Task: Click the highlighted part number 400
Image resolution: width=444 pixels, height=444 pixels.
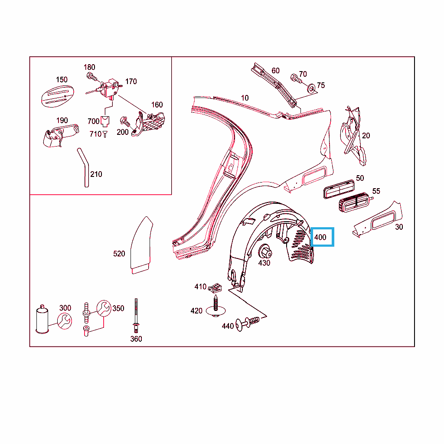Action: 320,237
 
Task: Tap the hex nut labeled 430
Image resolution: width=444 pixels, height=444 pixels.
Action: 265,251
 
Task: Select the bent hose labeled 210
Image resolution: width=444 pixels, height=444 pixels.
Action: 84,167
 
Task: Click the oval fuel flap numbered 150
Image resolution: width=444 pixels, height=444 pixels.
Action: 58,96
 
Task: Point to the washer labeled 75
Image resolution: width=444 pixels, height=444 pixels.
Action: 311,88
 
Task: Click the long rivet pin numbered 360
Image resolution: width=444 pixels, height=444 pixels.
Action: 136,316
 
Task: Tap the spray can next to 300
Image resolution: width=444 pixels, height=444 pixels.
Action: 42,319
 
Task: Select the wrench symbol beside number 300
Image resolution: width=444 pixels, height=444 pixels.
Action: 65,321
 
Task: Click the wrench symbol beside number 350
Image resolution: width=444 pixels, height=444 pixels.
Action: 104,308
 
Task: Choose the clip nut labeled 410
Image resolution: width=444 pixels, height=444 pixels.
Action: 215,288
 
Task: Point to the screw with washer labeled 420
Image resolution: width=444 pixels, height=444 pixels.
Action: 216,307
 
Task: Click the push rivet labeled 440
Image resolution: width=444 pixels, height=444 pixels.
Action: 248,323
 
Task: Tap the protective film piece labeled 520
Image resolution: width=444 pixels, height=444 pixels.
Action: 141,245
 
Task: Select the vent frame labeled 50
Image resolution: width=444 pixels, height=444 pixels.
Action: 339,189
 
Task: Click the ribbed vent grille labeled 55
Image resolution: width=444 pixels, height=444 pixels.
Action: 354,202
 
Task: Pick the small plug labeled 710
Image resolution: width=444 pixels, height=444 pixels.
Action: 105,134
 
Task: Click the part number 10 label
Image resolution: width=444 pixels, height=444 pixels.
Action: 245,98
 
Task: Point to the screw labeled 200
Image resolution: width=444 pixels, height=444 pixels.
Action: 125,121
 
